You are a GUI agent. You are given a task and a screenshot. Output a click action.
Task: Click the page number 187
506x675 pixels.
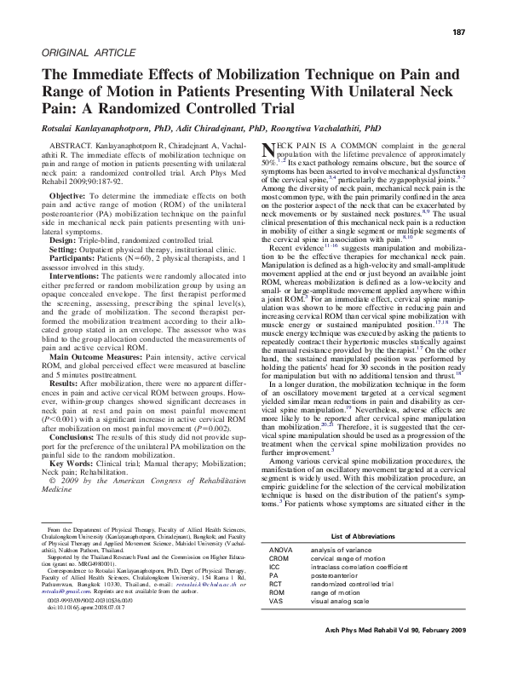pyautogui.click(x=457, y=32)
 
